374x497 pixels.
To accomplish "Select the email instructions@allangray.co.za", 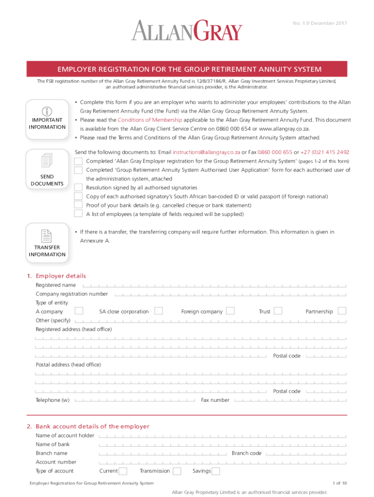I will pos(206,152).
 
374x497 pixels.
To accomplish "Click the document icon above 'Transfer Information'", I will pos(47,236).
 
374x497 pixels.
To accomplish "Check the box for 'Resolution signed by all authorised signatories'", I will pos(78,188).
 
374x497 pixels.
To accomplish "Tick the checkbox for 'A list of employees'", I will pos(78,214).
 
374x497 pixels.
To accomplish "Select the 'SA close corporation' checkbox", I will pos(158,311).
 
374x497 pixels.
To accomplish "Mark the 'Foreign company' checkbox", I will pos(230,311).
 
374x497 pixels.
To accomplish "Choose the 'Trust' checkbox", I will pos(278,311).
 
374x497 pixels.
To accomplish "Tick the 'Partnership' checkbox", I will pos(342,311).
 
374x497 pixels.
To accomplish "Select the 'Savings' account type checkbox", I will pos(216,471).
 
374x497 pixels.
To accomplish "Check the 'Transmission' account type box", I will pos(177,471).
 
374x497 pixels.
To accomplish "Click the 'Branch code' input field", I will pos(306,453).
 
